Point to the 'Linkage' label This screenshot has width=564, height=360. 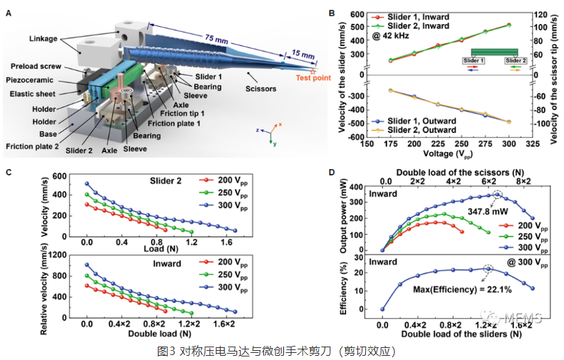pos(48,37)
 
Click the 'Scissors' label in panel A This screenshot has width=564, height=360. pos(260,89)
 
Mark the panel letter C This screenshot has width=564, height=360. pos(8,172)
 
